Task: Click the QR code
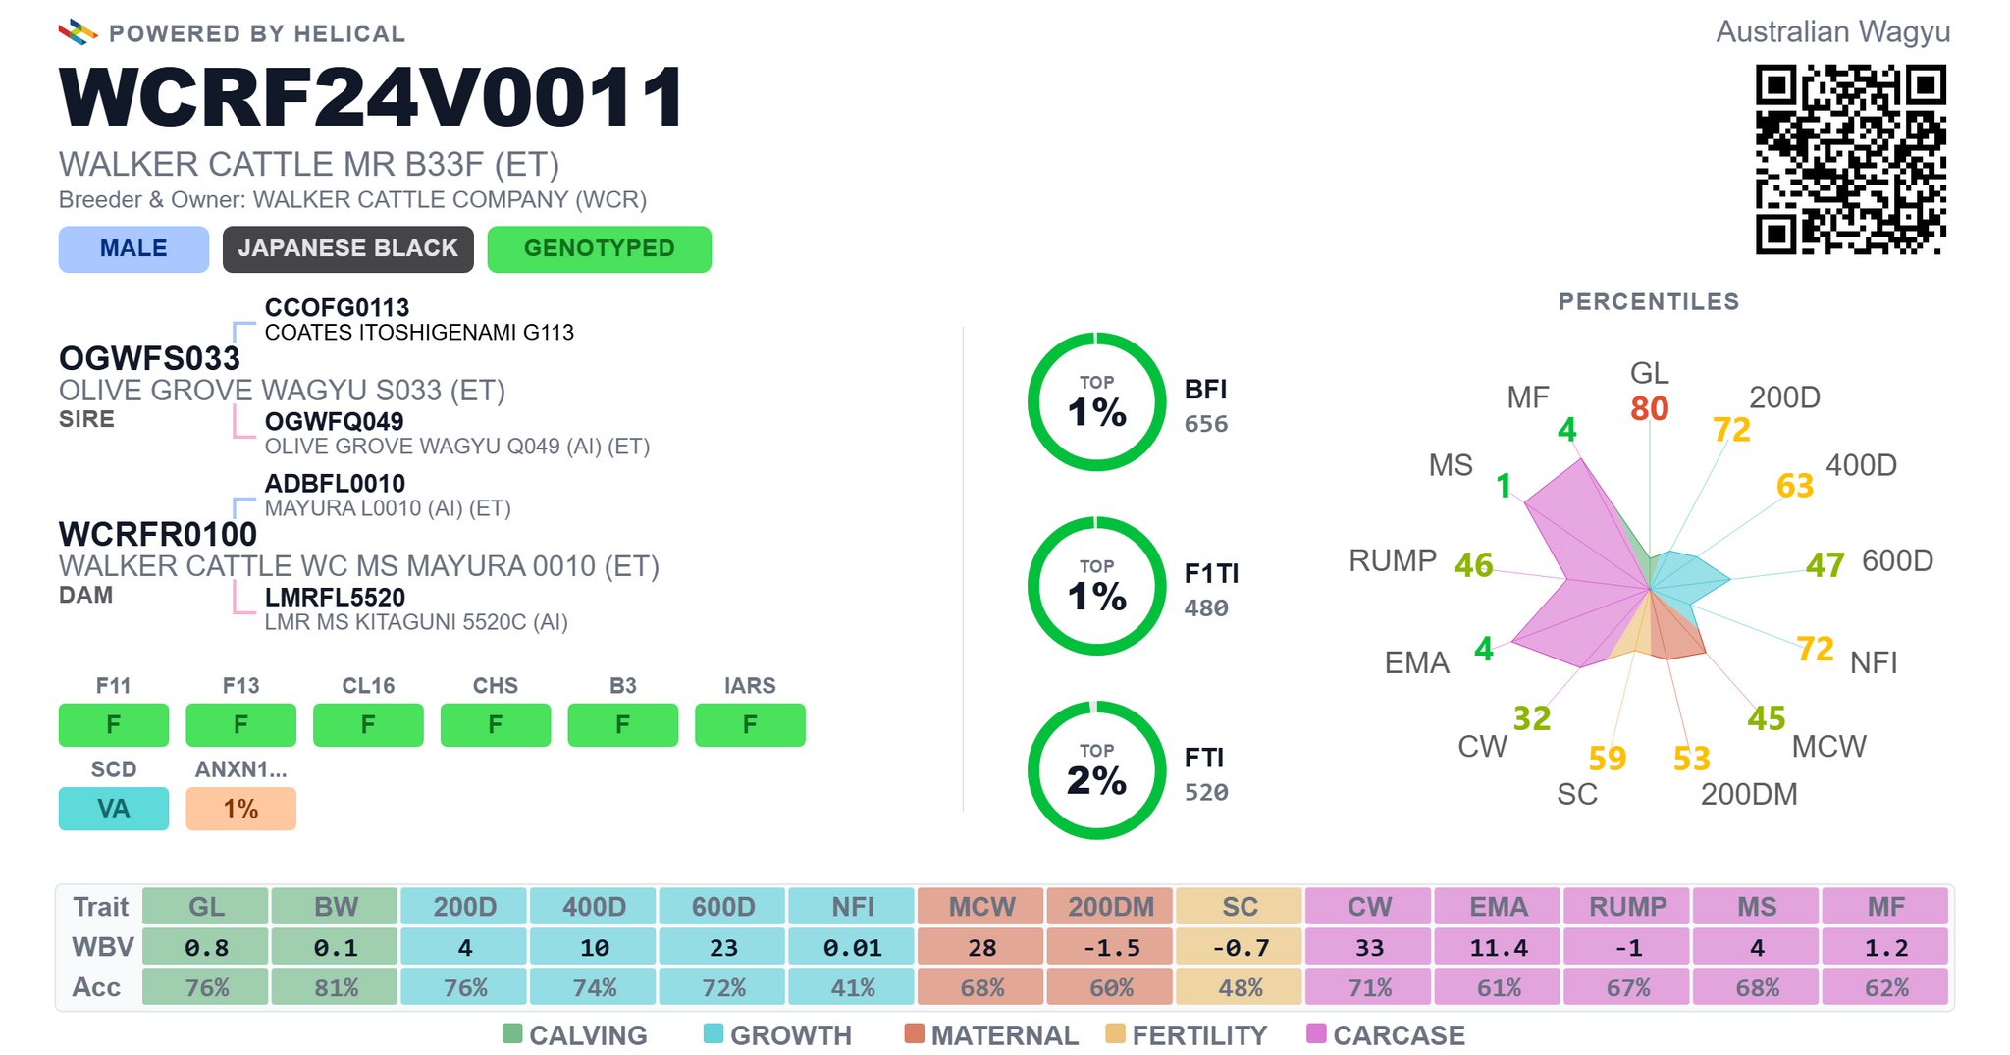tap(1850, 160)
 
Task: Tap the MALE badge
tap(133, 249)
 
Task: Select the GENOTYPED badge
tap(600, 249)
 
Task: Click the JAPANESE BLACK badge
tap(348, 249)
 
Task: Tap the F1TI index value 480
tap(1206, 608)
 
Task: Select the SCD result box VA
tap(114, 809)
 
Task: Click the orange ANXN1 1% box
tap(240, 809)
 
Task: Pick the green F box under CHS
tap(496, 725)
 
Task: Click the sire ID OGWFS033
tap(149, 358)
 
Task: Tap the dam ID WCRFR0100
tap(158, 534)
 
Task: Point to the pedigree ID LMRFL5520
tap(335, 597)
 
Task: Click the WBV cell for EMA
tap(1499, 948)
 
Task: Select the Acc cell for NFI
tap(853, 987)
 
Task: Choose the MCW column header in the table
tap(981, 907)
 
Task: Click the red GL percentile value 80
tap(1650, 408)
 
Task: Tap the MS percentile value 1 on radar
tap(1504, 486)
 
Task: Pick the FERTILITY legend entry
tap(1187, 1035)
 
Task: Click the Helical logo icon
tap(78, 32)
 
